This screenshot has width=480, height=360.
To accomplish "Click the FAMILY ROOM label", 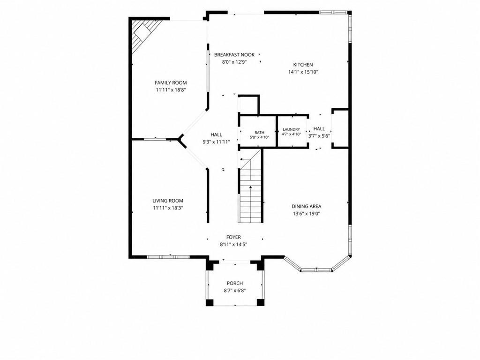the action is pyautogui.click(x=171, y=82).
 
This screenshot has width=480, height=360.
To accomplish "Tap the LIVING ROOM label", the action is pyautogui.click(x=168, y=201).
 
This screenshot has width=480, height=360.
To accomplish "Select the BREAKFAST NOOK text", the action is pyautogui.click(x=234, y=55).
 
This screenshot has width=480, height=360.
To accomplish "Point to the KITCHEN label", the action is pyautogui.click(x=303, y=65).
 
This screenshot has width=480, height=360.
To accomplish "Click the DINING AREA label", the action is pyautogui.click(x=307, y=206).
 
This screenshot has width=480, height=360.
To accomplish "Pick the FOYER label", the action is pyautogui.click(x=233, y=237).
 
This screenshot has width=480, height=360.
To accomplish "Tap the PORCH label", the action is pyautogui.click(x=235, y=283).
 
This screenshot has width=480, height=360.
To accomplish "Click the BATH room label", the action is pyautogui.click(x=259, y=133).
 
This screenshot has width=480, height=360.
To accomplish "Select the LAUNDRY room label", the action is pyautogui.click(x=292, y=129).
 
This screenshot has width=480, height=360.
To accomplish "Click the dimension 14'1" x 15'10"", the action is pyautogui.click(x=303, y=72).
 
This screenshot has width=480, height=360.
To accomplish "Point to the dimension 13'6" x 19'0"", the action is pyautogui.click(x=307, y=214).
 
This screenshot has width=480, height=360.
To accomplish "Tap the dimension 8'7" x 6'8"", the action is pyautogui.click(x=235, y=291).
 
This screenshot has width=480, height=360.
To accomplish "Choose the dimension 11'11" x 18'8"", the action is pyautogui.click(x=171, y=90).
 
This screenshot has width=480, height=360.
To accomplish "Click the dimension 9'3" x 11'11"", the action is pyautogui.click(x=216, y=142).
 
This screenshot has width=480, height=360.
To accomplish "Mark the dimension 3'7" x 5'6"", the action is pyautogui.click(x=319, y=136).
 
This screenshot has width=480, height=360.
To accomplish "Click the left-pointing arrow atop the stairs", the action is pyautogui.click(x=244, y=159).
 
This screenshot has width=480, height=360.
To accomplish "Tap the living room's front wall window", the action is pyautogui.click(x=161, y=256).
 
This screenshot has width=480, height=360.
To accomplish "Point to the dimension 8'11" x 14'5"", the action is pyautogui.click(x=233, y=245).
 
